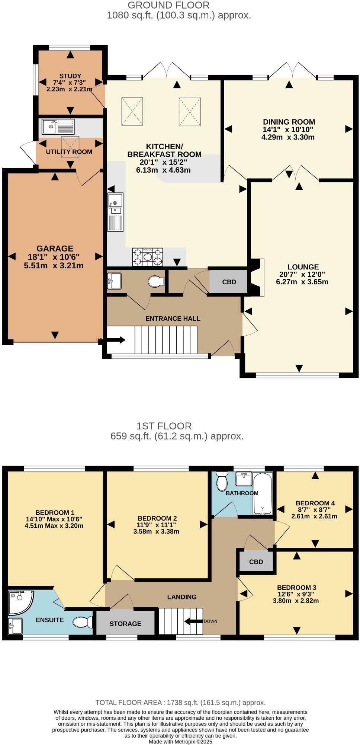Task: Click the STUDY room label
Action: [70, 76]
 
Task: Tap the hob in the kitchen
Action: [147, 257]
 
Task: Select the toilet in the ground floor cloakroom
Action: [156, 282]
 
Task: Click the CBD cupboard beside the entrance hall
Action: [229, 282]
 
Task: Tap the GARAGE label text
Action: [55, 249]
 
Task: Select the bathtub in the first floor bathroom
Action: [263, 493]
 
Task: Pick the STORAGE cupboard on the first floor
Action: [125, 623]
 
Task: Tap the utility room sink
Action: [58, 127]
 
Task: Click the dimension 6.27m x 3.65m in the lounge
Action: [302, 282]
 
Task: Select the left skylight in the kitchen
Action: [132, 111]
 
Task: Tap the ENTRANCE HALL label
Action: [173, 319]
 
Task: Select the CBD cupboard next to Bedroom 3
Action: [256, 562]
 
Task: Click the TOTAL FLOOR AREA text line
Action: [180, 703]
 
